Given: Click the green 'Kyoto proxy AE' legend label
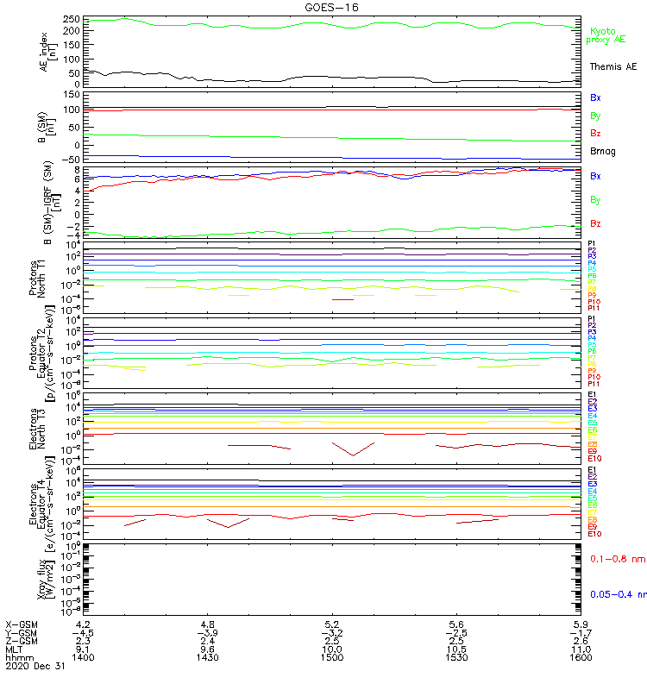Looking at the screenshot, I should point(606,34).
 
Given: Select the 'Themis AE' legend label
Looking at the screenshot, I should point(613,66).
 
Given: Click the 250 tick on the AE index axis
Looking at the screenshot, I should point(72,19).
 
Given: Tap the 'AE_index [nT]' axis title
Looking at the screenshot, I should point(51,52).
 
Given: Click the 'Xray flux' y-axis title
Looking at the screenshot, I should point(51,580).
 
